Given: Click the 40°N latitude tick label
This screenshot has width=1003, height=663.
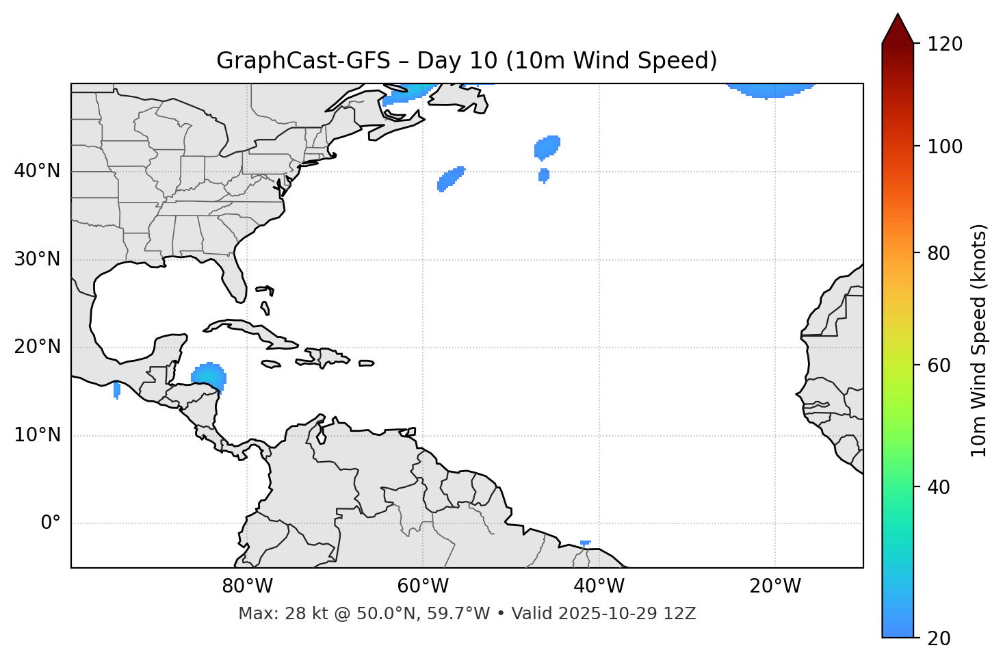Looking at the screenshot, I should pyautogui.click(x=37, y=171).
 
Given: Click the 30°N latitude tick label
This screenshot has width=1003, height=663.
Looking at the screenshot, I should pyautogui.click(x=37, y=259).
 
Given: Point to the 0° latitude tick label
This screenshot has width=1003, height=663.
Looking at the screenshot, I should pyautogui.click(x=50, y=523).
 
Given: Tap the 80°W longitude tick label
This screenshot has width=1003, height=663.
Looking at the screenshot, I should pyautogui.click(x=247, y=586).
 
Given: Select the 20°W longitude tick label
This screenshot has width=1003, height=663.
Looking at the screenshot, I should pyautogui.click(x=775, y=586).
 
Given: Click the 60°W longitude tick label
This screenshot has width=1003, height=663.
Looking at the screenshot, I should pyautogui.click(x=423, y=586).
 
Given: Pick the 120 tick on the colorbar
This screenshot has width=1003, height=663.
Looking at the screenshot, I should pyautogui.click(x=946, y=44).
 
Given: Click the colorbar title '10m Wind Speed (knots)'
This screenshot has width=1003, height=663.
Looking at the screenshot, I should pyautogui.click(x=979, y=341).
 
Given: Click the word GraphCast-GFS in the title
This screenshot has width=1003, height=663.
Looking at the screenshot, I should pyautogui.click(x=303, y=61).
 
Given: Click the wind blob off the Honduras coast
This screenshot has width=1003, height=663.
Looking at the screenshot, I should pyautogui.click(x=209, y=376).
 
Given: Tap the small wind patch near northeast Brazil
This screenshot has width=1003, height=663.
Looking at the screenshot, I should pyautogui.click(x=585, y=543).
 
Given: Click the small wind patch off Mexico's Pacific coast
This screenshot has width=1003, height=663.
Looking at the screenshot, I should pyautogui.click(x=117, y=390).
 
